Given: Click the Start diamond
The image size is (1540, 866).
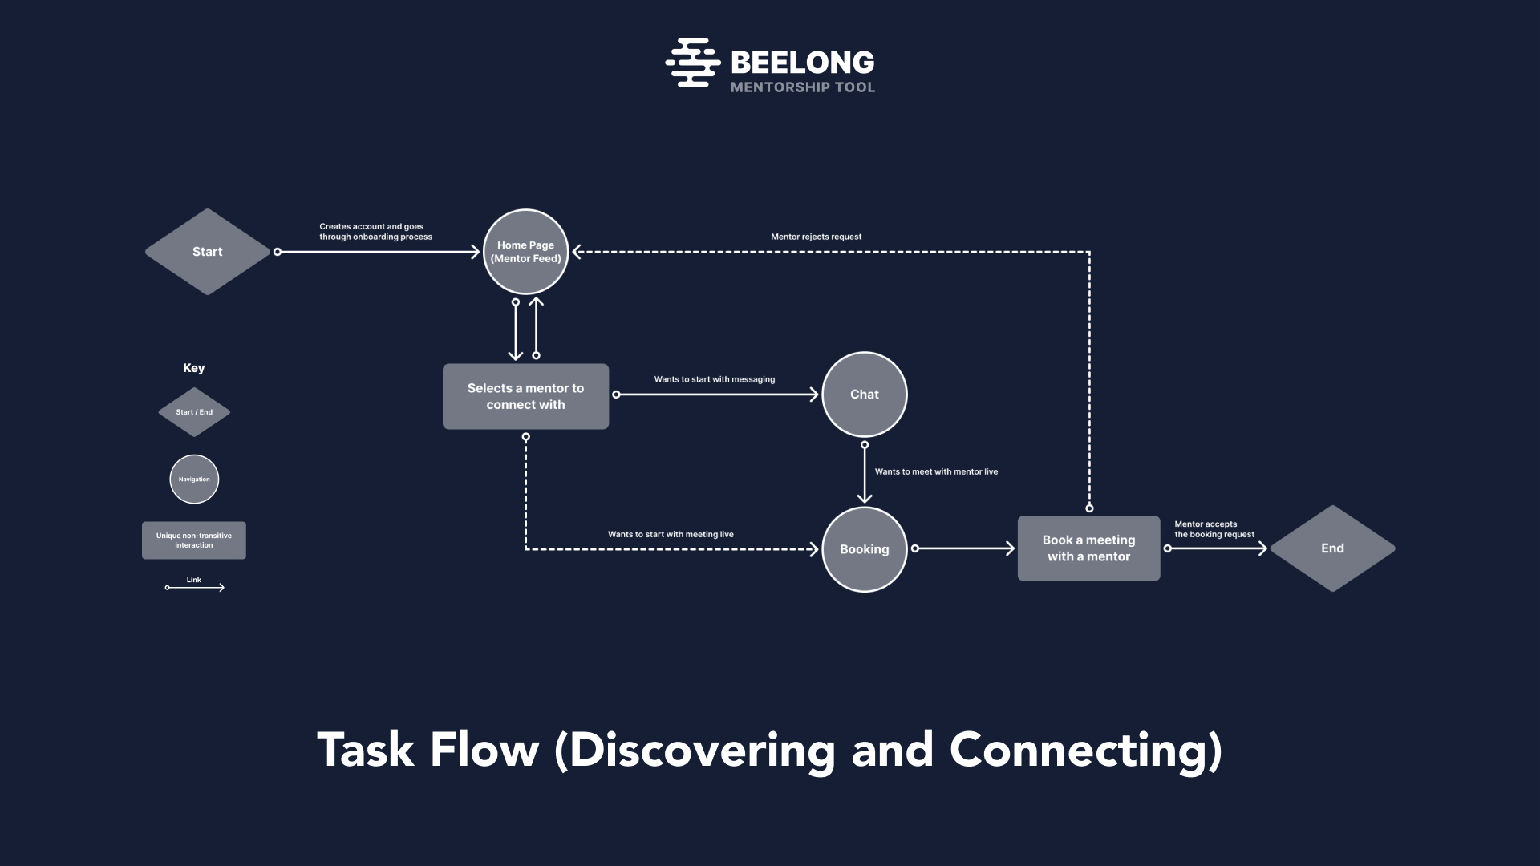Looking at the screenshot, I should tap(207, 252).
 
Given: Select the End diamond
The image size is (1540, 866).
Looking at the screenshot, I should tap(1332, 548).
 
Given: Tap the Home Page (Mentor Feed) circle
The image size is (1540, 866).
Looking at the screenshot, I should tap(525, 252).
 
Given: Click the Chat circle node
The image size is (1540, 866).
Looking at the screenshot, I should tap(864, 395).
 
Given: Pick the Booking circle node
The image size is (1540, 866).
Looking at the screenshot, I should tap(864, 549).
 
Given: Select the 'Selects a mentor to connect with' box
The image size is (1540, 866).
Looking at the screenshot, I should tap(525, 396).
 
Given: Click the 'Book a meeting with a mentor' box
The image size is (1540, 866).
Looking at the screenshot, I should tap(1088, 548).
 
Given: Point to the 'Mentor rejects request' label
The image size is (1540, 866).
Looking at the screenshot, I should tap(816, 237).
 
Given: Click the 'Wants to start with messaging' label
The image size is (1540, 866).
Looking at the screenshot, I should tap(714, 379).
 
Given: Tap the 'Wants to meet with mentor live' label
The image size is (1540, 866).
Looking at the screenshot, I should tap(936, 471).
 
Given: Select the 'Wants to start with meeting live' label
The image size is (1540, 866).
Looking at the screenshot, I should tap(671, 534).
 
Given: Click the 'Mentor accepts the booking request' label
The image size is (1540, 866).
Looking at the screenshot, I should tap(1214, 529).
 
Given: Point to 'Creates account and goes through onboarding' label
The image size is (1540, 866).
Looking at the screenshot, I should tap(375, 232).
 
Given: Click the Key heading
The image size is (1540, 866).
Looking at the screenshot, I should tap(193, 368).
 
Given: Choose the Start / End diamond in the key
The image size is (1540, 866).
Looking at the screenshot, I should tap(194, 412).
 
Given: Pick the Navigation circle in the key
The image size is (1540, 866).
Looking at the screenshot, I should tap(194, 480).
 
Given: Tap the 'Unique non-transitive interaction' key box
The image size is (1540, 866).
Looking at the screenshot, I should tap(194, 540).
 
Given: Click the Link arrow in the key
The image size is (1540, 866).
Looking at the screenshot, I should tap(194, 587).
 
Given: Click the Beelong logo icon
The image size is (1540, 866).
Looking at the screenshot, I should tap(692, 63).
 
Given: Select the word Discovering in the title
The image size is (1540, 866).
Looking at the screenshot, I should tap(702, 751).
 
